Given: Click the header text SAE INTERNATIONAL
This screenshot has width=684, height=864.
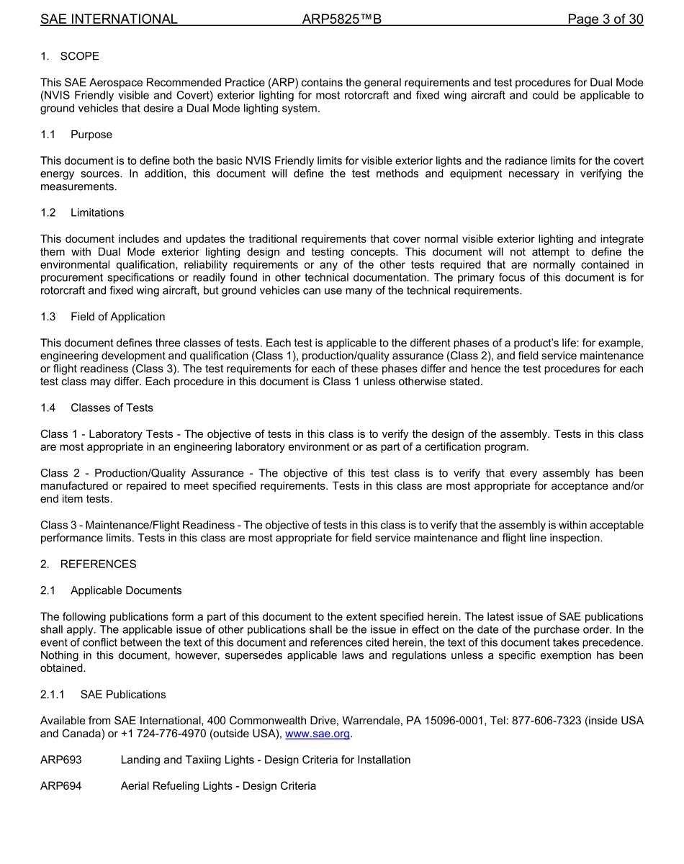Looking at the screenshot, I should pyautogui.click(x=109, y=19).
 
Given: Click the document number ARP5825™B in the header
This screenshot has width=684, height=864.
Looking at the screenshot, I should pyautogui.click(x=341, y=19).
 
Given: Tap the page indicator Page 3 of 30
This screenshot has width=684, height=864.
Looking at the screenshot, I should pyautogui.click(x=605, y=19).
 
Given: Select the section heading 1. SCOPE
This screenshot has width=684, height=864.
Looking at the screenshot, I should pyautogui.click(x=70, y=56).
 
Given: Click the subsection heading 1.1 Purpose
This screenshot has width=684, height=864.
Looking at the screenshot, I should pyautogui.click(x=76, y=135).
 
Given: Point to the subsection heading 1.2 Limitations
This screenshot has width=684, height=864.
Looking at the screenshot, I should pyautogui.click(x=82, y=212).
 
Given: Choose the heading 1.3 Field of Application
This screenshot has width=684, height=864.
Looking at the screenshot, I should pyautogui.click(x=103, y=317).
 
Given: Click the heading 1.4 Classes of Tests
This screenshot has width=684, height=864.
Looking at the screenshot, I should pyautogui.click(x=97, y=408).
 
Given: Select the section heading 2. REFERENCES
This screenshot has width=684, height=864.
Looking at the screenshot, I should pyautogui.click(x=89, y=564).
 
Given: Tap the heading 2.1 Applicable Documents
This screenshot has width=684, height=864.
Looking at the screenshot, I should pyautogui.click(x=111, y=590).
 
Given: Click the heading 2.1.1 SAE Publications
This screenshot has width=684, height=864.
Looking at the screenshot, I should pyautogui.click(x=103, y=694).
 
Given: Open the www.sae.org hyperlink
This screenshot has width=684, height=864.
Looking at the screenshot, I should pyautogui.click(x=318, y=734).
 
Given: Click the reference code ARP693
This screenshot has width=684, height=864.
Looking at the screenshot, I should pyautogui.click(x=61, y=760).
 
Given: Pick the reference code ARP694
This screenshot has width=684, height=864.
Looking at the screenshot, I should pyautogui.click(x=61, y=786).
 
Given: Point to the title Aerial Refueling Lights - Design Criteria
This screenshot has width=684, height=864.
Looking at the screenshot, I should pyautogui.click(x=218, y=786).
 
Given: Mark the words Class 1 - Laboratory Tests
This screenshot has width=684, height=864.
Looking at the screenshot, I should pyautogui.click(x=107, y=434).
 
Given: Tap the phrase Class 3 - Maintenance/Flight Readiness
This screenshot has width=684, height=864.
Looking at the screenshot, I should pyautogui.click(x=138, y=525).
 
